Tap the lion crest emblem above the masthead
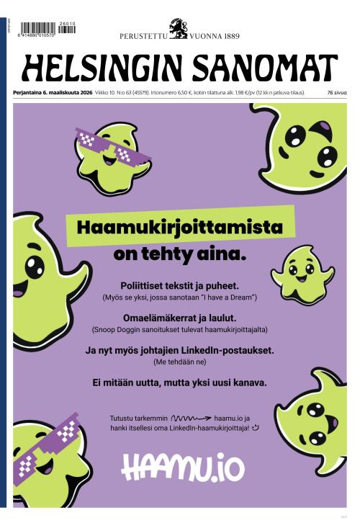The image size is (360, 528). pos(178,28)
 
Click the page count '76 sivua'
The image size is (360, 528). pos(336,93)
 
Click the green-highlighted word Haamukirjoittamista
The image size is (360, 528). pos(179,228)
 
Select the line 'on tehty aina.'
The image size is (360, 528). pos(179,254)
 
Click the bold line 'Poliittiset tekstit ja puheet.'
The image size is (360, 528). pos(179,285)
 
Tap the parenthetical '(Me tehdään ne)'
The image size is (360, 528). pos(179,362)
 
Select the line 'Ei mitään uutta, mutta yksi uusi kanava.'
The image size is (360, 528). pos(179,382)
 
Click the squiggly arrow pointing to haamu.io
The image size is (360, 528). pos(190,417)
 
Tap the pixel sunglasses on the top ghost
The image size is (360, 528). pos(113,147)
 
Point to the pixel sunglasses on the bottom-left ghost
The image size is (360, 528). pos(45,451)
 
